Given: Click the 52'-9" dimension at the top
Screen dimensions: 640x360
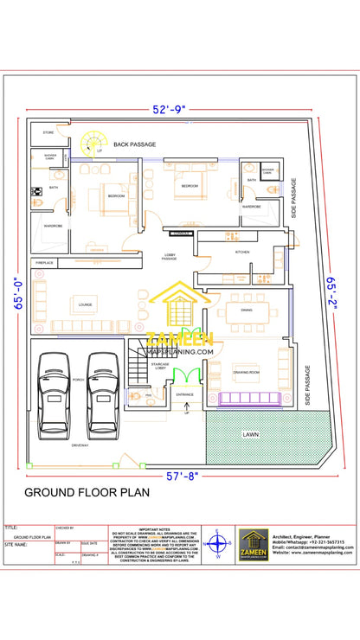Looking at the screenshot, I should click(169, 110).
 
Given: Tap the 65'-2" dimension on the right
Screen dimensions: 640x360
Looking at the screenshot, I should click(332, 292).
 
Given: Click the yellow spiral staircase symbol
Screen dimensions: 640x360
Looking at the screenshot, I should click(91, 142).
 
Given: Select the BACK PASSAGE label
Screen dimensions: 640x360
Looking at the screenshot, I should click(134, 144).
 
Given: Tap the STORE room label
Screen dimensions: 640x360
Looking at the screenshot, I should click(48, 133).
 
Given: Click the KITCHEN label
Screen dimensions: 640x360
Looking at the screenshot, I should click(243, 252).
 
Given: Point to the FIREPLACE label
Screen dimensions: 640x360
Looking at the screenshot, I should click(45, 262).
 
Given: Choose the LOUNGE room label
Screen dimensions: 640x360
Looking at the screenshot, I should click(85, 304).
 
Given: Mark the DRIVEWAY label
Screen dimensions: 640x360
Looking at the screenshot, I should click(80, 445).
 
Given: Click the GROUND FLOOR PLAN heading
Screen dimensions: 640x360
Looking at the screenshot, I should click(87, 493).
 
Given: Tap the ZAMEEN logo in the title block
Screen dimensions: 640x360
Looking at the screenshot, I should click(254, 545).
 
